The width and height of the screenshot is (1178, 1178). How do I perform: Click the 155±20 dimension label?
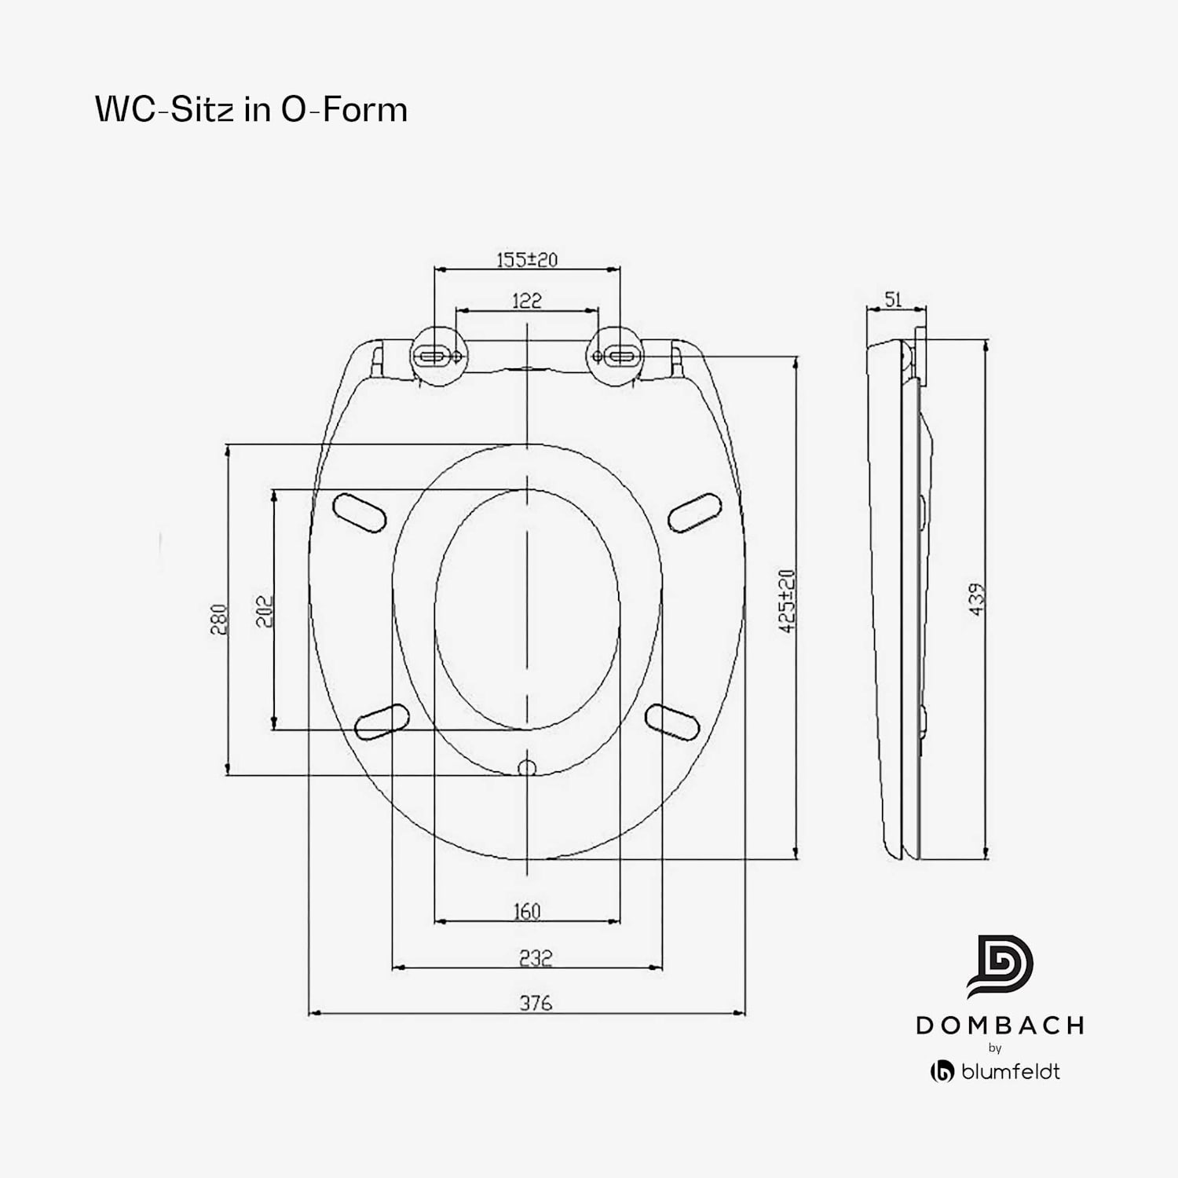(x=526, y=259)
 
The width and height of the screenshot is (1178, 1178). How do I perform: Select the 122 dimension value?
(x=526, y=300)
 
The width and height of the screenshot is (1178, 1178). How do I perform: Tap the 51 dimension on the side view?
(x=894, y=299)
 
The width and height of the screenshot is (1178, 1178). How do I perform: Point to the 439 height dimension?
(x=977, y=599)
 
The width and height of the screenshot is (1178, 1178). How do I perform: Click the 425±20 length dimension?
(x=788, y=601)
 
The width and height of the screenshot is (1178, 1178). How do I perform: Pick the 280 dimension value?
(x=219, y=619)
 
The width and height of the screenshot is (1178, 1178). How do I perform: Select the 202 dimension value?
(x=265, y=610)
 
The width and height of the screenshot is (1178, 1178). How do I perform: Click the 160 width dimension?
(x=527, y=911)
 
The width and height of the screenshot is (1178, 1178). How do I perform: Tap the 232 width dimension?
(x=536, y=957)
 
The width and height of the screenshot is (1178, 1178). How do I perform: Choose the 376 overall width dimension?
(x=536, y=1003)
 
